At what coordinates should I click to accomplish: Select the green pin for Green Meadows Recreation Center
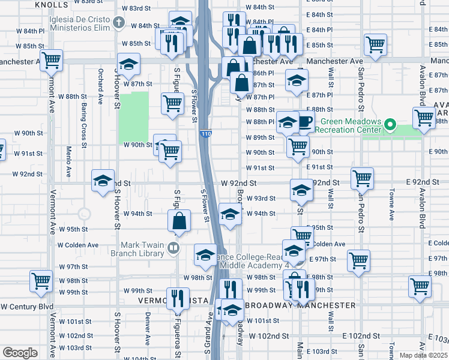coord(390,125)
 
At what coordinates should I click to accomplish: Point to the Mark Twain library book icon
coord(173,247)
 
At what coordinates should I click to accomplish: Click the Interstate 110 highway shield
coord(206,133)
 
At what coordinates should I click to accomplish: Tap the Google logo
coord(20,353)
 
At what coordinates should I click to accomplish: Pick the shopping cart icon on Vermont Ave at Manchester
coord(52,59)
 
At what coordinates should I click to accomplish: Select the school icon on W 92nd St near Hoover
coord(103,180)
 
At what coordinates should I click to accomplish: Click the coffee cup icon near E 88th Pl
coord(306,121)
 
